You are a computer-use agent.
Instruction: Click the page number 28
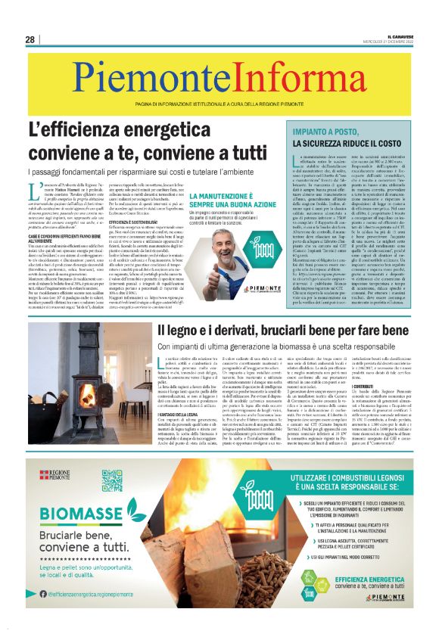pyautogui.click(x=30, y=39)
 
